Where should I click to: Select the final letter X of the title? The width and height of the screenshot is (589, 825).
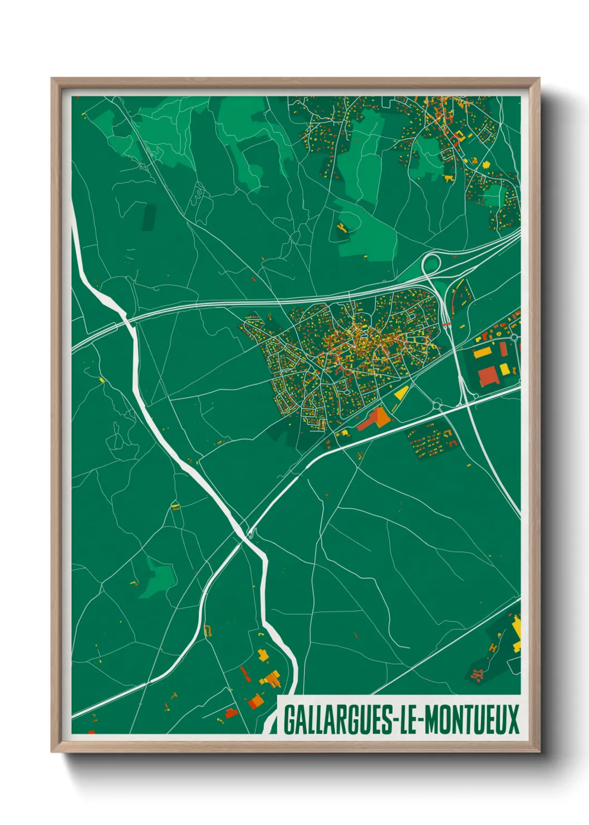tap(513, 720)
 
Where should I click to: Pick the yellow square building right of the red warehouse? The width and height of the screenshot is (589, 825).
tap(504, 369)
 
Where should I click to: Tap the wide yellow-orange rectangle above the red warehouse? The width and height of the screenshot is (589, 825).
tap(482, 352)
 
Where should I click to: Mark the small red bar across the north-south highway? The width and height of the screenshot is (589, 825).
tap(446, 322)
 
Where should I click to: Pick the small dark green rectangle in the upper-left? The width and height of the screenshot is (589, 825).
tap(149, 217)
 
